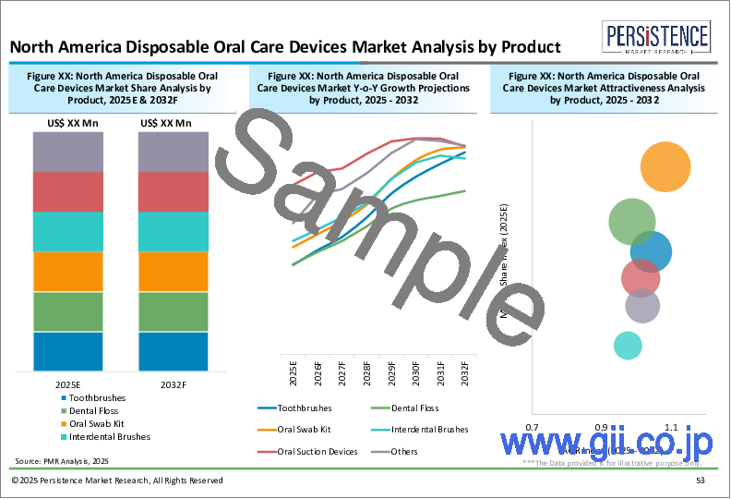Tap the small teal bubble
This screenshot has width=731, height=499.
tap(628, 346)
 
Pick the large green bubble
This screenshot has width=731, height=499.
tap(632, 222)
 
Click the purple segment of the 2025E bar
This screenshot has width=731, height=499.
tap(68, 152)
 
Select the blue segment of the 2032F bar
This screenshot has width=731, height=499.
tap(173, 351)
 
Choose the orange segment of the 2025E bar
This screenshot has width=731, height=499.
tap(68, 272)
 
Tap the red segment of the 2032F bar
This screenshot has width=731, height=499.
tap(173, 192)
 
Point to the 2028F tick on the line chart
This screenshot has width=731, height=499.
tap(366, 373)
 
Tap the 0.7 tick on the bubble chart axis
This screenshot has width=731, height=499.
tap(533, 428)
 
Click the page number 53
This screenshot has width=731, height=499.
tap(701, 481)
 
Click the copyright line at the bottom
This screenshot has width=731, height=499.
tap(117, 481)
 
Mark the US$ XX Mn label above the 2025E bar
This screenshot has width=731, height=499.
tap(68, 123)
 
